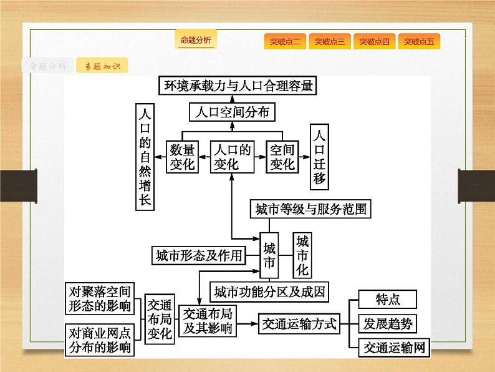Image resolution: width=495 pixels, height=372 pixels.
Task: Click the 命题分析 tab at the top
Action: (x=196, y=41)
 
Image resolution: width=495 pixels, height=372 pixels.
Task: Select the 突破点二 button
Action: (x=285, y=42)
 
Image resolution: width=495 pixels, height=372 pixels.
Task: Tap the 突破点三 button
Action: (x=330, y=42)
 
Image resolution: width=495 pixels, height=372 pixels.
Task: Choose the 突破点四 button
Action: (x=374, y=42)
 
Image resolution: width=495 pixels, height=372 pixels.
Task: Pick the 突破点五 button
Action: (x=419, y=42)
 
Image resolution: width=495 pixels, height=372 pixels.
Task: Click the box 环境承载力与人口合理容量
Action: (x=237, y=86)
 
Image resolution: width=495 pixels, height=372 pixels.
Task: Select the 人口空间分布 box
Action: (x=232, y=112)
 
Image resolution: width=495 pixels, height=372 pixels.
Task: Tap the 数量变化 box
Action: (x=183, y=157)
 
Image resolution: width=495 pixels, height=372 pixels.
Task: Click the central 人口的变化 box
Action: (x=233, y=157)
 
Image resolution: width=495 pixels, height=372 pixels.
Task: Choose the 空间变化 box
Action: (x=281, y=157)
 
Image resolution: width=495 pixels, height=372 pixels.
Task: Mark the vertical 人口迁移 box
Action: (x=319, y=156)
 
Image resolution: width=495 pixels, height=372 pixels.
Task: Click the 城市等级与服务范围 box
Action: (x=310, y=209)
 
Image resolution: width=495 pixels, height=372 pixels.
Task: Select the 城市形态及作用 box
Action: (x=198, y=255)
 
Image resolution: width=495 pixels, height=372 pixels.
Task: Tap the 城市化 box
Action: (x=302, y=255)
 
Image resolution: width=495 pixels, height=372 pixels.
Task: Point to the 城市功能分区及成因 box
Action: (x=269, y=291)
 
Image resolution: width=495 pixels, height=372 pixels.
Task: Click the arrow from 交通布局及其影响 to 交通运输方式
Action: (x=246, y=324)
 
